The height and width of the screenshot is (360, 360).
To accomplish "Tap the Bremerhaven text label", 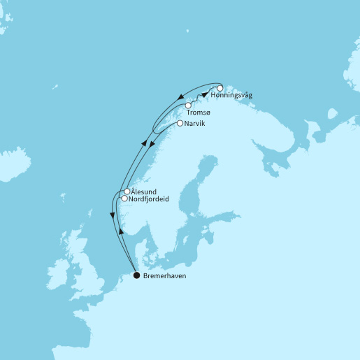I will coord(164,275).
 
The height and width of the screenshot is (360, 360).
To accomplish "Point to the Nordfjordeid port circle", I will coord(124,199).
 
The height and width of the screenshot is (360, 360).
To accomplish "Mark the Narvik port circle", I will coord(180,124).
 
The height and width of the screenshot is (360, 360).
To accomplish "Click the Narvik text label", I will coord(196,124).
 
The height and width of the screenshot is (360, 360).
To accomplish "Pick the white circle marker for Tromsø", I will coord(188,106).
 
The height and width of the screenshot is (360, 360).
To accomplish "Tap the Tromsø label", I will coord(199,113).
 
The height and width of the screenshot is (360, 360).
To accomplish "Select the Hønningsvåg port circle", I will coord(219,89).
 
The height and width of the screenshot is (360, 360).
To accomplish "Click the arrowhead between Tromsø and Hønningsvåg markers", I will coord(205,94).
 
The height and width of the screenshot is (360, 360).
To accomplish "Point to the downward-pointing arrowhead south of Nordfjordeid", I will coord(113,215).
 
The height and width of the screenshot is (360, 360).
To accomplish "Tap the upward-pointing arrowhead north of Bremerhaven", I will coord(121,231).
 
